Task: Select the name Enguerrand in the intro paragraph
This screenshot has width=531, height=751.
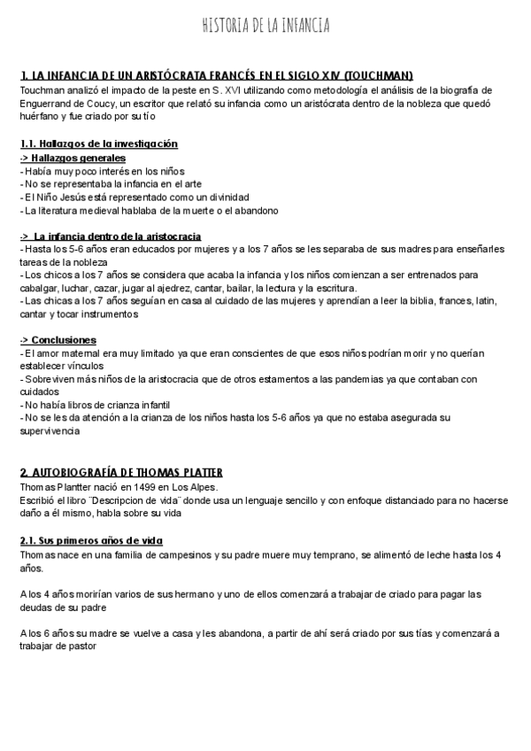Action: point(48,103)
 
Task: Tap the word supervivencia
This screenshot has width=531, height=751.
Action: point(50,432)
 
